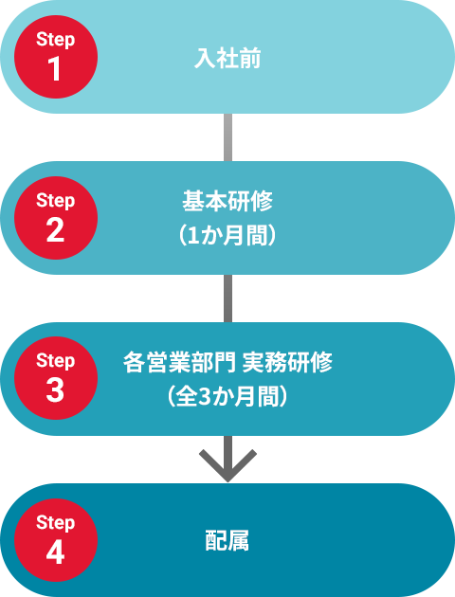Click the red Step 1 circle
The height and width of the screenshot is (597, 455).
coord(56,57)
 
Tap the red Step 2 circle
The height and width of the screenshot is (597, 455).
coord(56,218)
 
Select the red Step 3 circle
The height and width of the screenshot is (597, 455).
coord(56,378)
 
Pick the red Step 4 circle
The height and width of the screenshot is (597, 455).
coord(56,540)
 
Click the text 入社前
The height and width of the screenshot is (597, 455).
coord(227,58)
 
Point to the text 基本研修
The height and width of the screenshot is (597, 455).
coord(227,201)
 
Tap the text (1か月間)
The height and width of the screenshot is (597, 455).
coord(227,236)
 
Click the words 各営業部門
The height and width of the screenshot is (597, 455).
coord(179,362)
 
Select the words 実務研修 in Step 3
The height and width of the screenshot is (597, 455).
coord(287,362)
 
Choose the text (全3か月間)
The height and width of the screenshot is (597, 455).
coord(227,396)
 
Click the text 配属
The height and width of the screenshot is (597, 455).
coord(227,541)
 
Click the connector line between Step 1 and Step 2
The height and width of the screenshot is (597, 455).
coord(227,137)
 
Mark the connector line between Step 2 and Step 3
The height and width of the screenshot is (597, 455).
coord(227,298)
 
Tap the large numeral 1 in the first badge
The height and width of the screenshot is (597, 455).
coord(54,69)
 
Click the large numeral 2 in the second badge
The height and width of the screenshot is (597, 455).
coord(55,230)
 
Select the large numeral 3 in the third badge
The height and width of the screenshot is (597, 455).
coord(55,390)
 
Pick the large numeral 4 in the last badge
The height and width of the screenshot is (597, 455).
coord(55,552)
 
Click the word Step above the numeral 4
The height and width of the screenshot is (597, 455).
coord(56,522)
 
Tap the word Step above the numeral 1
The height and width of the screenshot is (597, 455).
coord(56,39)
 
